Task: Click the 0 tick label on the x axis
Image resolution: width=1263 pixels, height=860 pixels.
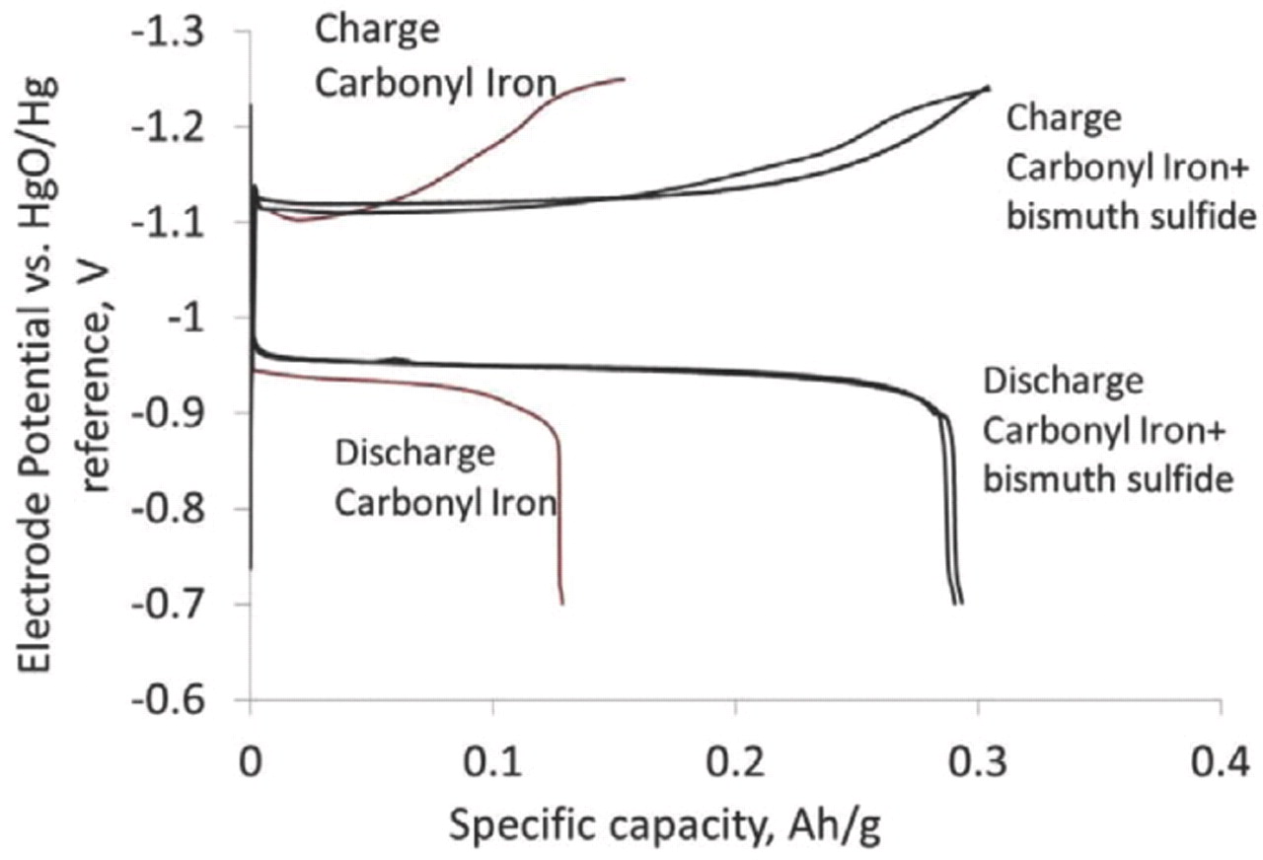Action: coord(251,764)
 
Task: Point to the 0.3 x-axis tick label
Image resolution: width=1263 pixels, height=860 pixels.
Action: coord(978,764)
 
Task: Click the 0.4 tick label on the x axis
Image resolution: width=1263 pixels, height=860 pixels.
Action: coord(1221,764)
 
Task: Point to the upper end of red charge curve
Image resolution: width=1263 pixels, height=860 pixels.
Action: coord(624,79)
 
